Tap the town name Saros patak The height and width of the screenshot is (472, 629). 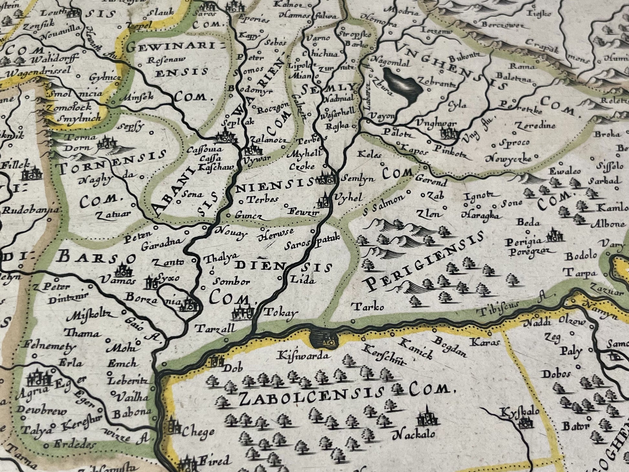[x=312, y=242]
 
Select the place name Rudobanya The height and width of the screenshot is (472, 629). [x=31, y=210]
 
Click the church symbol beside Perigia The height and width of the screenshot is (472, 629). [x=555, y=236]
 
